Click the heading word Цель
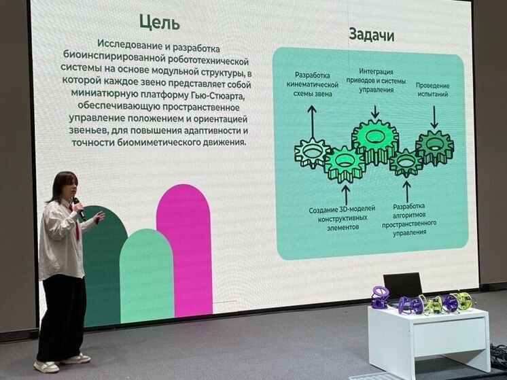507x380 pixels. coord(159,22)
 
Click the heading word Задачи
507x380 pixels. coord(371,34)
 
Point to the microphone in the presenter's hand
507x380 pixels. coord(78,207)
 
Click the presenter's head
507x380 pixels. coord(63,187)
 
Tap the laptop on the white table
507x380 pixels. coord(402,286)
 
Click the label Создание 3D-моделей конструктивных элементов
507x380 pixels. coord(343,218)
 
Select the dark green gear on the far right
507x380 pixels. coord(434,145)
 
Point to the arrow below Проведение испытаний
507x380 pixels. coord(434,117)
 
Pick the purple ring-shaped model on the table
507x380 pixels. coord(380,296)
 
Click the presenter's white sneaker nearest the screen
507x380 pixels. coord(76,358)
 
